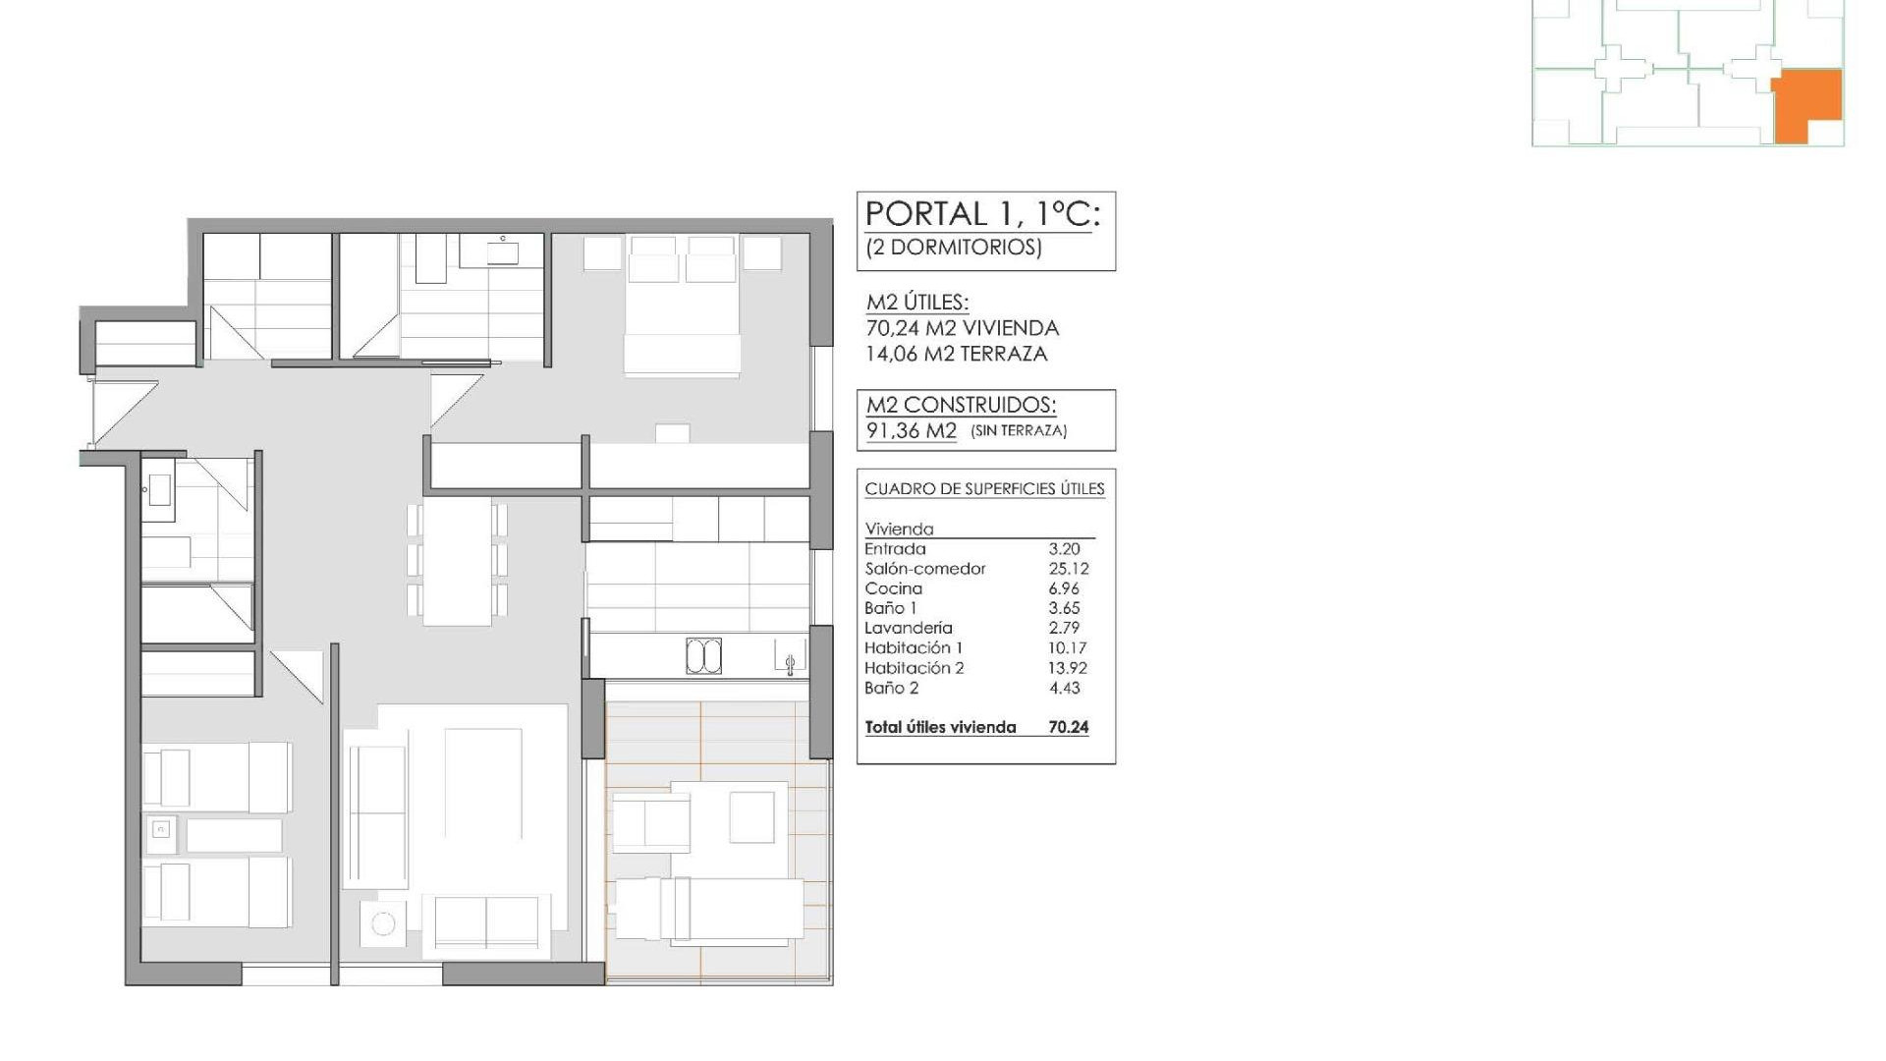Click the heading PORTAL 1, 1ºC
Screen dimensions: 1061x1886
point(981,214)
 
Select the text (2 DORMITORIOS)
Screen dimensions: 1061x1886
point(953,247)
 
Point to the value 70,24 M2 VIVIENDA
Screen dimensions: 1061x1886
point(962,328)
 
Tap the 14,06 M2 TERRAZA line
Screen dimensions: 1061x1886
point(956,354)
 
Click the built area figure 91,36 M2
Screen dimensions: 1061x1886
point(911,430)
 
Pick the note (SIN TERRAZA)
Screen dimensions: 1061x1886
point(1019,430)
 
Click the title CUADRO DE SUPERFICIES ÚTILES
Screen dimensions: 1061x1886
point(984,489)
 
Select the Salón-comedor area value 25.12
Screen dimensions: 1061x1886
point(1068,569)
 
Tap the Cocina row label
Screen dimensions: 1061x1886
point(893,588)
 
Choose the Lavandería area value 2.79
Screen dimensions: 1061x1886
point(1064,628)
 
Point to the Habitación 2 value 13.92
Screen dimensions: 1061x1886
point(1068,668)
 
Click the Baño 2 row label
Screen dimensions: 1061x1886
point(891,688)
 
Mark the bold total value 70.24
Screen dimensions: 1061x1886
point(1068,728)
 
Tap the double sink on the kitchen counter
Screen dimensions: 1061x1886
point(703,656)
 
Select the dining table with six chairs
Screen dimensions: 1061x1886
point(457,561)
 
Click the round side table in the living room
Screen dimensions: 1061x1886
point(383,923)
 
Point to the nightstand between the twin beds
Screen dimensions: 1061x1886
point(161,832)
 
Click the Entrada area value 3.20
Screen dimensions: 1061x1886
point(1064,549)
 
